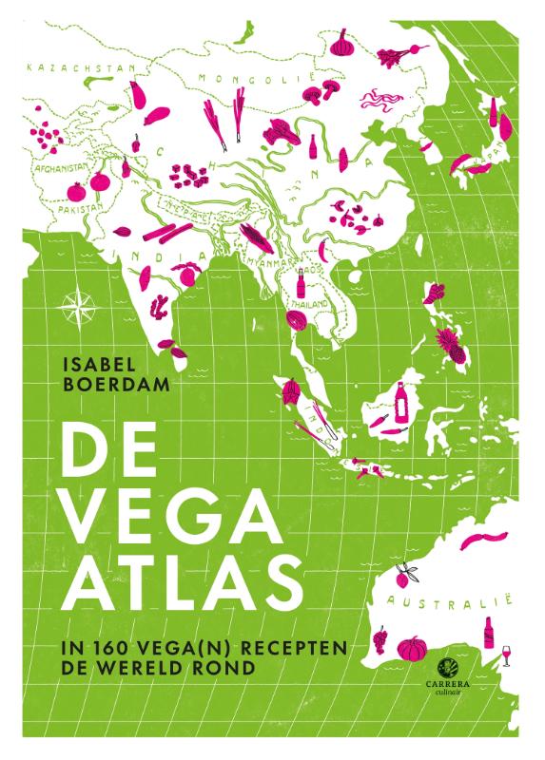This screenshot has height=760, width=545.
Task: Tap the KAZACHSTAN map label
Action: [x=69, y=68]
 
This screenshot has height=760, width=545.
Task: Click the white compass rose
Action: [x=73, y=308]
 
